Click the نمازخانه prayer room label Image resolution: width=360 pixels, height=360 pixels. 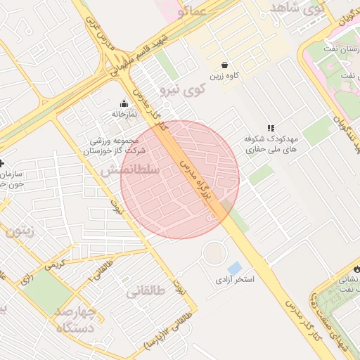tap(124, 113)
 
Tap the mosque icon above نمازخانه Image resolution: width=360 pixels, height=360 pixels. tap(124, 103)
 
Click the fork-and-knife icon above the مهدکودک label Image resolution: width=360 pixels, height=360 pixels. tap(269, 127)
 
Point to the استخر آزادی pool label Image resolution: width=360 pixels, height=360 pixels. tap(235, 279)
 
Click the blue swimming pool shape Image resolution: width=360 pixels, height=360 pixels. tap(235, 268)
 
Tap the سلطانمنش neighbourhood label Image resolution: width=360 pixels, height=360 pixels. tap(130, 169)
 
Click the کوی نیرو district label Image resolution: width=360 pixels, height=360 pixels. tap(182, 89)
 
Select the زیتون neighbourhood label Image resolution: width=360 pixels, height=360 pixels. tap(20, 229)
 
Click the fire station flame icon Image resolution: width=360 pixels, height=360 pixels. tap(354, 269)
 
